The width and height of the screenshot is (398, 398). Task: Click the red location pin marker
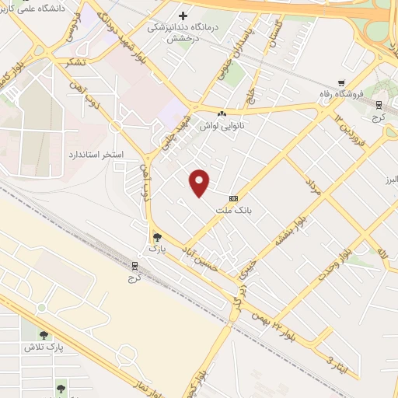pyautogui.click(x=201, y=183)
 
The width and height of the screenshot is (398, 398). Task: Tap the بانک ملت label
pyautogui.click(x=235, y=211)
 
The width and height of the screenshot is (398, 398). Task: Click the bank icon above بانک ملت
pyautogui.click(x=234, y=198)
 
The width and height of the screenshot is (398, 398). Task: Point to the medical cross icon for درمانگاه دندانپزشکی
pyautogui.click(x=184, y=15)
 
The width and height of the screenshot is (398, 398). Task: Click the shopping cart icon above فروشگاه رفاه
pyautogui.click(x=340, y=82)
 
